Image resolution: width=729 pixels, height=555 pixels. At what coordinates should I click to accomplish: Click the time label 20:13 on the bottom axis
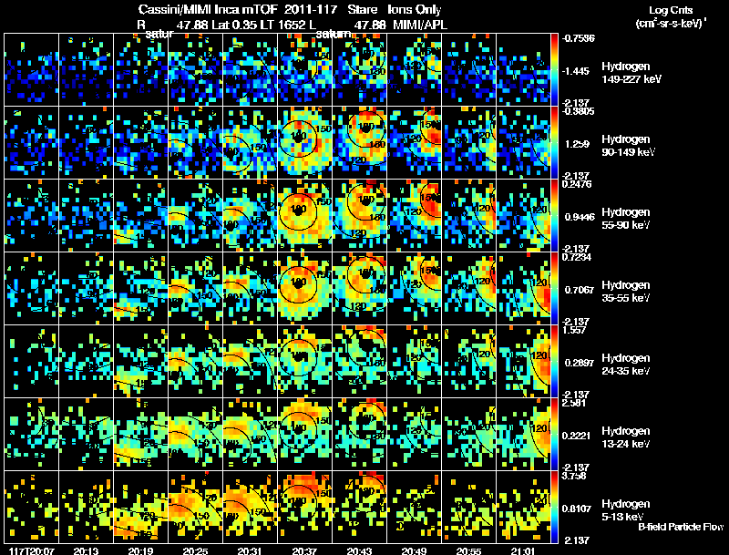(x=86, y=550)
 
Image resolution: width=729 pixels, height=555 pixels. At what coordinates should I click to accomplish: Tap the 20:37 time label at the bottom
(x=304, y=550)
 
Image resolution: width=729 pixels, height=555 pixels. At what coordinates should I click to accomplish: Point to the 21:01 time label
(x=523, y=550)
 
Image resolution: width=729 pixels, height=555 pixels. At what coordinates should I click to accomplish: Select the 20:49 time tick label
(x=414, y=550)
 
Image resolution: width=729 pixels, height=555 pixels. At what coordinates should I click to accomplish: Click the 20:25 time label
(x=195, y=550)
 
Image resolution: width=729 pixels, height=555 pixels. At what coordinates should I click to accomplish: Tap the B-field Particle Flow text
(x=680, y=527)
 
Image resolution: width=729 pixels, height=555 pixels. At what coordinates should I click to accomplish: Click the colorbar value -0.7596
(x=579, y=38)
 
